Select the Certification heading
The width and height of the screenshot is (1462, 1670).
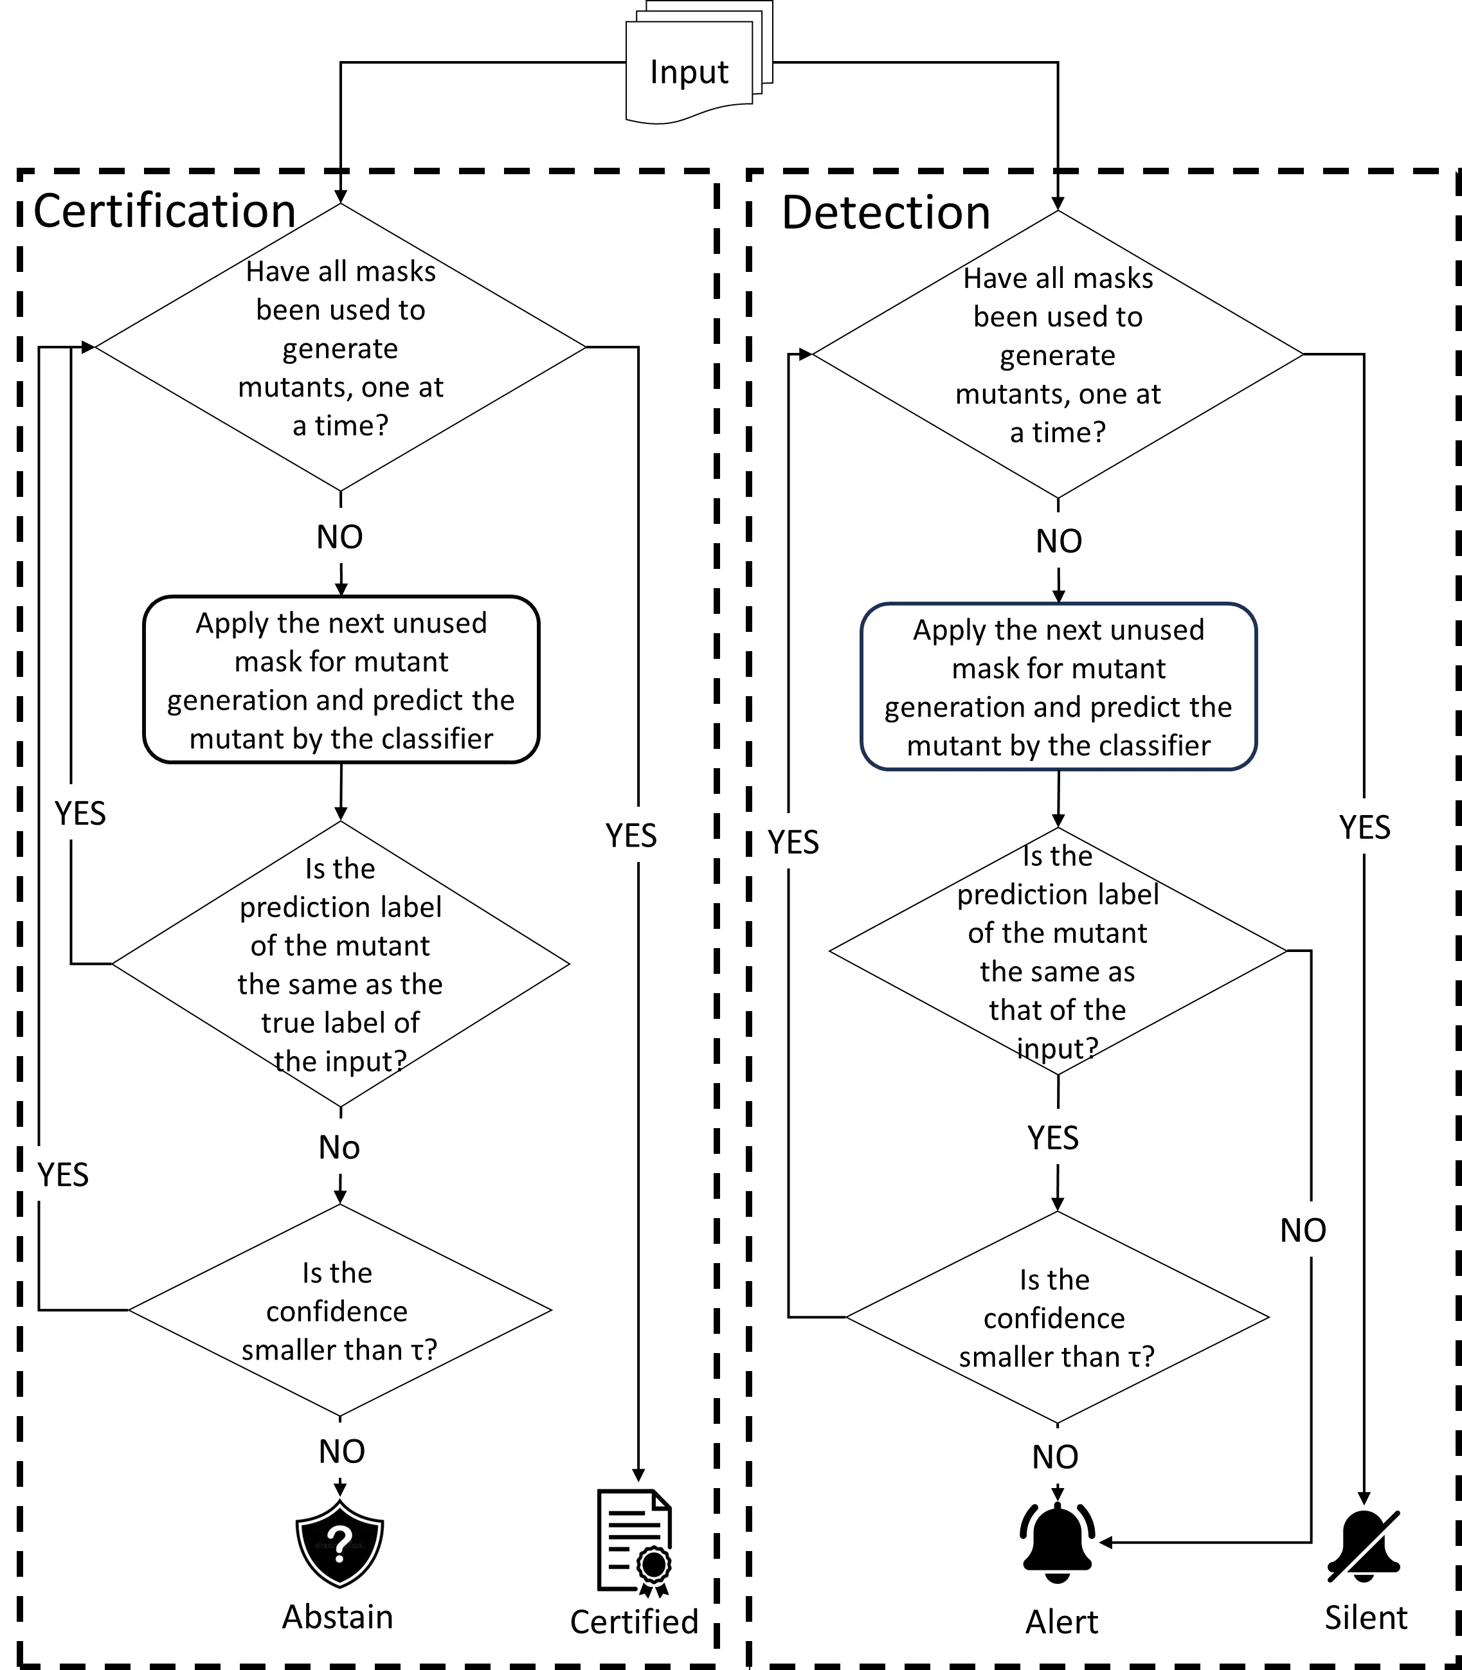pos(165,210)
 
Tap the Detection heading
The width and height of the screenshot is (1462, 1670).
pos(886,212)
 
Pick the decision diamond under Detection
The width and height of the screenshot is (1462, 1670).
pos(1058,355)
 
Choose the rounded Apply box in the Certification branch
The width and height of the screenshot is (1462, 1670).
pos(341,679)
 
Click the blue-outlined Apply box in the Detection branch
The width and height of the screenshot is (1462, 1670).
pos(1058,687)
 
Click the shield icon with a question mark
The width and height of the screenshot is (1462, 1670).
pos(339,1545)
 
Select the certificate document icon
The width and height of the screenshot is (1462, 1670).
pos(634,1540)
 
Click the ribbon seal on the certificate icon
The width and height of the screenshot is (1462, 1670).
pos(653,1567)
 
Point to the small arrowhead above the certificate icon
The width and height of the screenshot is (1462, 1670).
pos(638,1475)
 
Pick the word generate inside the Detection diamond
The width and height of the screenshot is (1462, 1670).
pos(1058,355)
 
